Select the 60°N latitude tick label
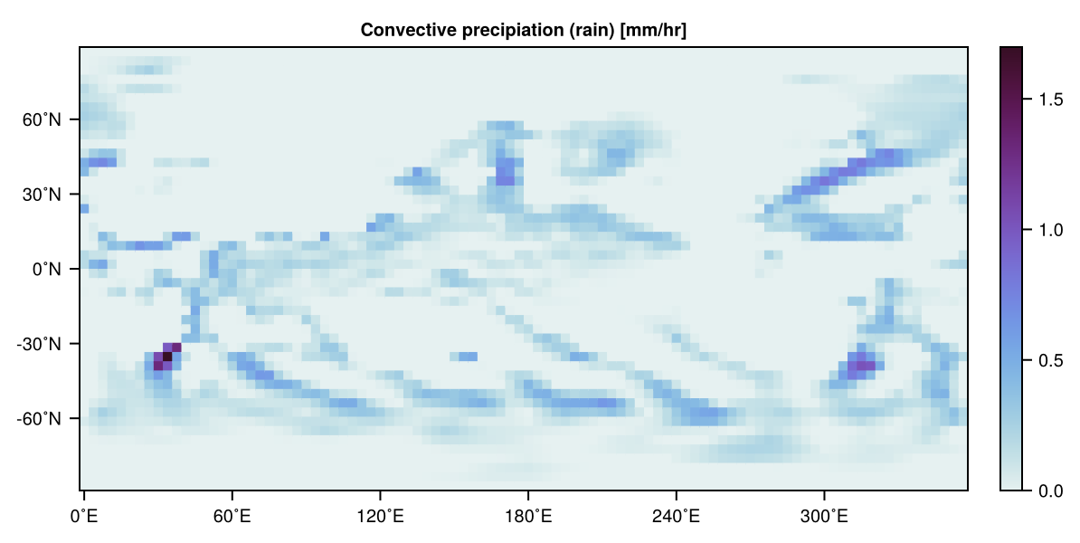click(42, 119)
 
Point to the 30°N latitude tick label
click(42, 195)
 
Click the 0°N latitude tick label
click(46, 270)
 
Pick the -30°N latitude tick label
click(39, 344)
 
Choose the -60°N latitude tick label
click(39, 419)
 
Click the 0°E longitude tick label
click(84, 516)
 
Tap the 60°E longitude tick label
click(232, 516)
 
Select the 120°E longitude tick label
click(380, 516)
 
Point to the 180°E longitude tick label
click(527, 516)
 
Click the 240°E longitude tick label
click(676, 516)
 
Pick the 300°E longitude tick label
click(824, 516)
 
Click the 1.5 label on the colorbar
click(1051, 100)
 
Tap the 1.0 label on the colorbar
click(1051, 230)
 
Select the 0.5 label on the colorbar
click(1051, 360)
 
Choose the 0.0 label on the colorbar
click(1051, 491)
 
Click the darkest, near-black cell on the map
click(166, 357)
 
